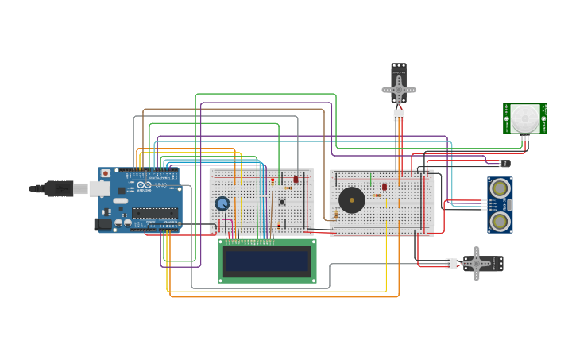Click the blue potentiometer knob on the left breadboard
(x=222, y=203)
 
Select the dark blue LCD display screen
(x=267, y=261)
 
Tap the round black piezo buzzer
(x=352, y=199)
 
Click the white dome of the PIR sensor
(x=524, y=118)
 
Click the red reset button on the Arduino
(x=105, y=173)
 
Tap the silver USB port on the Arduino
(x=98, y=188)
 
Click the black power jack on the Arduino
(x=102, y=224)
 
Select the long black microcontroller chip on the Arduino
(x=154, y=213)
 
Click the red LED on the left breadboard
(x=296, y=180)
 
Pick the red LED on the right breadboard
(x=385, y=188)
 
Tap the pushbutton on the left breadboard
(x=281, y=202)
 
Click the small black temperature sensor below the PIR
(x=504, y=163)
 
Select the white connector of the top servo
(x=399, y=115)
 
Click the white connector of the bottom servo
(x=450, y=263)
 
